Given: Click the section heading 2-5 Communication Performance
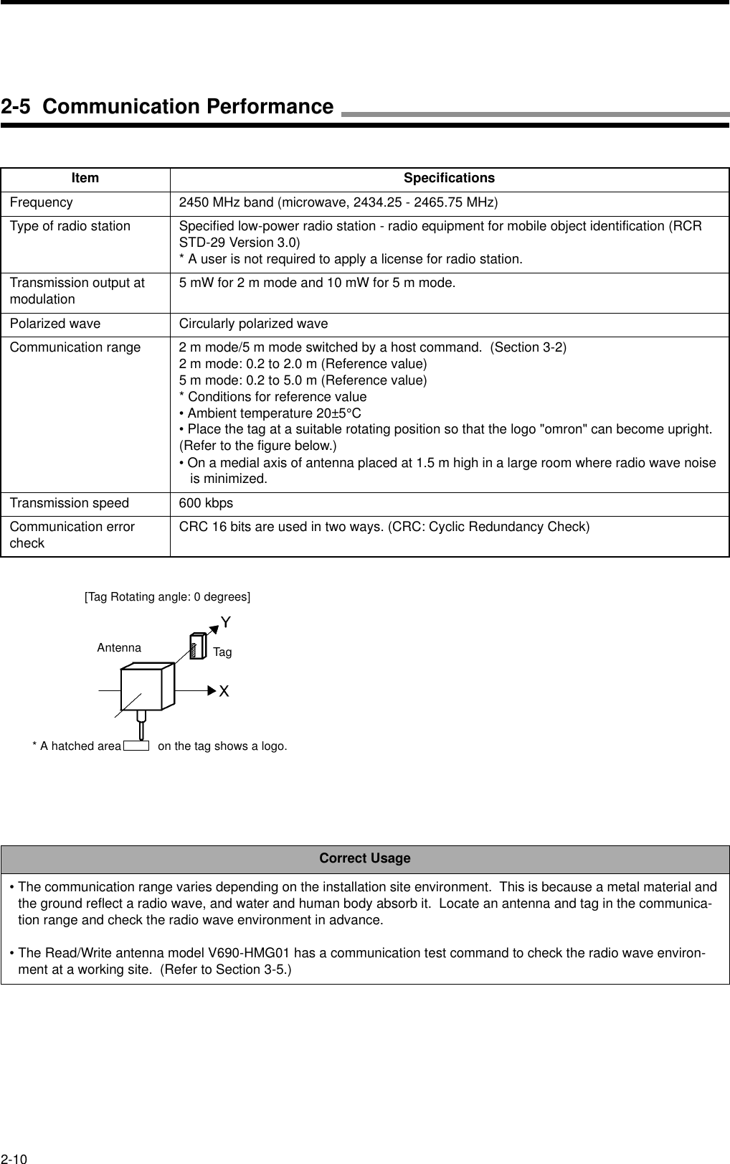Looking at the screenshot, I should pos(167,107).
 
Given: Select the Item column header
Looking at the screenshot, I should pos(85,178).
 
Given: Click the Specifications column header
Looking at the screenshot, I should pos(449,178).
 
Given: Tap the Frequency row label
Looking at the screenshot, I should pos(41,202).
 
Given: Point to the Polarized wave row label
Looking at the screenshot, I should pos(55,324).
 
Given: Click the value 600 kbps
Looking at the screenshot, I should pos(206,503).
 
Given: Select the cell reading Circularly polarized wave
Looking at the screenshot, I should pos(253,324).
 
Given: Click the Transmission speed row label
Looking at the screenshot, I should pos(70,503).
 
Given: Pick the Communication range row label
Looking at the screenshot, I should pos(75,347).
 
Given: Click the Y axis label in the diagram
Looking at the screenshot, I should pos(226,621).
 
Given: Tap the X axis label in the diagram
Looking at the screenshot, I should pos(224,691).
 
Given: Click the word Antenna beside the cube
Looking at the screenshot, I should pos(119,647).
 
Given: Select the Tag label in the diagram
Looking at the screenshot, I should pos(222,652).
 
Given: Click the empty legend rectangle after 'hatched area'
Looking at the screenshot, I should pos(136,746).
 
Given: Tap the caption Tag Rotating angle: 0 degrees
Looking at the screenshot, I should pos(168,596).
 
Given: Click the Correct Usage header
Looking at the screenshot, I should pos(365,858).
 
